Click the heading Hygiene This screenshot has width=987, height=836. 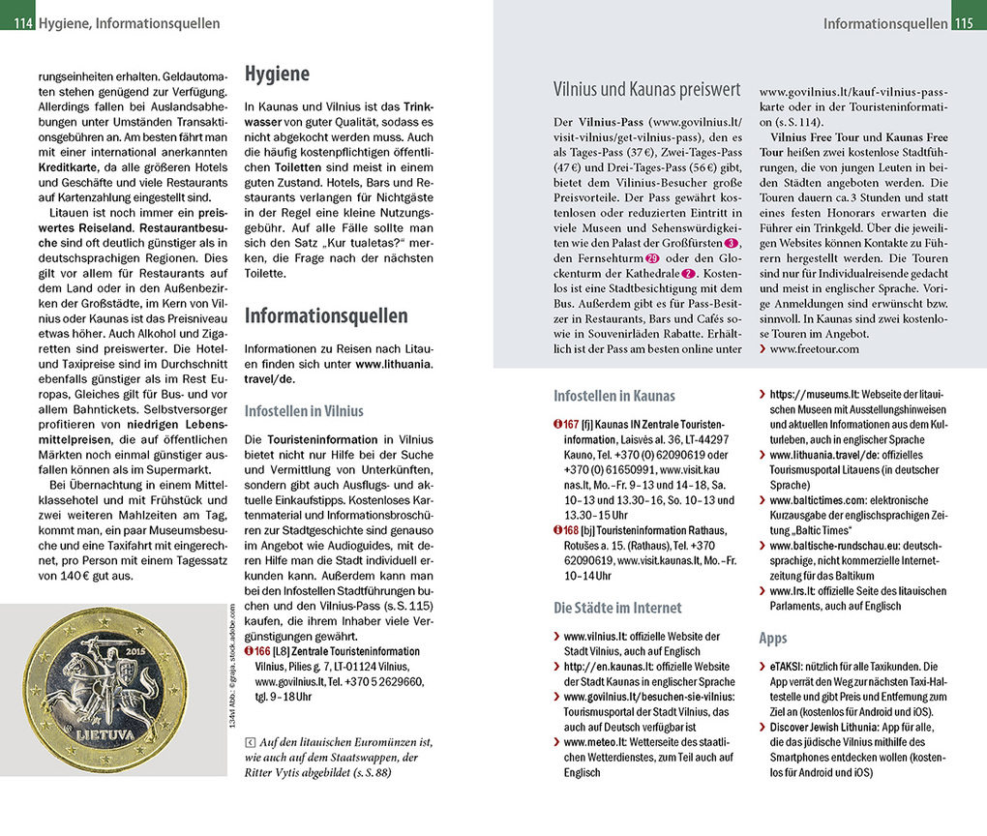click(x=277, y=75)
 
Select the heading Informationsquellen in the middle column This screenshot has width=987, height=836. click(x=326, y=315)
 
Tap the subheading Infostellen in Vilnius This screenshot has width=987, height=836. click(x=304, y=410)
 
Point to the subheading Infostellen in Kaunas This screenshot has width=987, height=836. click(x=613, y=396)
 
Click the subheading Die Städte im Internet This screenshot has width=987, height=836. click(x=617, y=608)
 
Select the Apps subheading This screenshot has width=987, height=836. click(x=772, y=639)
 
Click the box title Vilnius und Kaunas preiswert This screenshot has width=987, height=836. click(x=646, y=89)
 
